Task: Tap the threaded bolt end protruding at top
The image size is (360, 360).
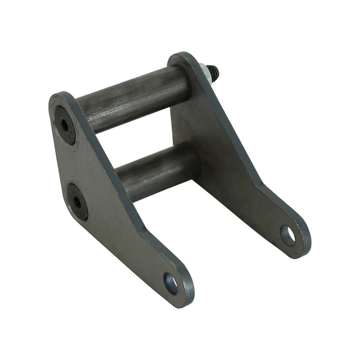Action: tap(215, 70)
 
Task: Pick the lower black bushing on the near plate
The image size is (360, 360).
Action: tap(77, 201)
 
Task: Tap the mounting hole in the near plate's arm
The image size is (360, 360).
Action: tap(171, 283)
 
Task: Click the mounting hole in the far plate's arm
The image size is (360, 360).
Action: tap(288, 235)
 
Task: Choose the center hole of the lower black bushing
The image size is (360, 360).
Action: tap(76, 201)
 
